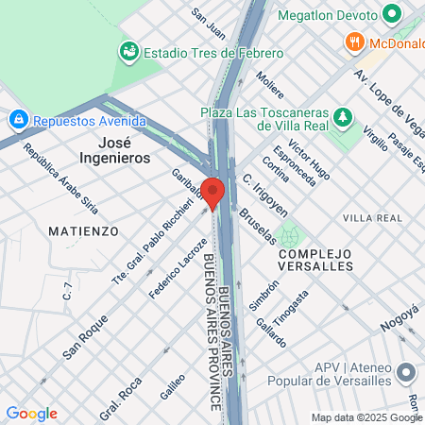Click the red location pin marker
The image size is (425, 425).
[x=213, y=192]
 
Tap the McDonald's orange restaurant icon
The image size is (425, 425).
[x=354, y=41]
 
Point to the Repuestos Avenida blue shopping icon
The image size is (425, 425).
[x=17, y=120]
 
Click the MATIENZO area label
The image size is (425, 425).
[x=84, y=230]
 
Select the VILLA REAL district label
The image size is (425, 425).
[x=372, y=218]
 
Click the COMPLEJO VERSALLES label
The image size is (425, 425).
[x=315, y=260]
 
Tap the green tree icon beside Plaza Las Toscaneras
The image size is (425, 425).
[x=345, y=119]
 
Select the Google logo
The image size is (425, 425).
[x=31, y=414]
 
